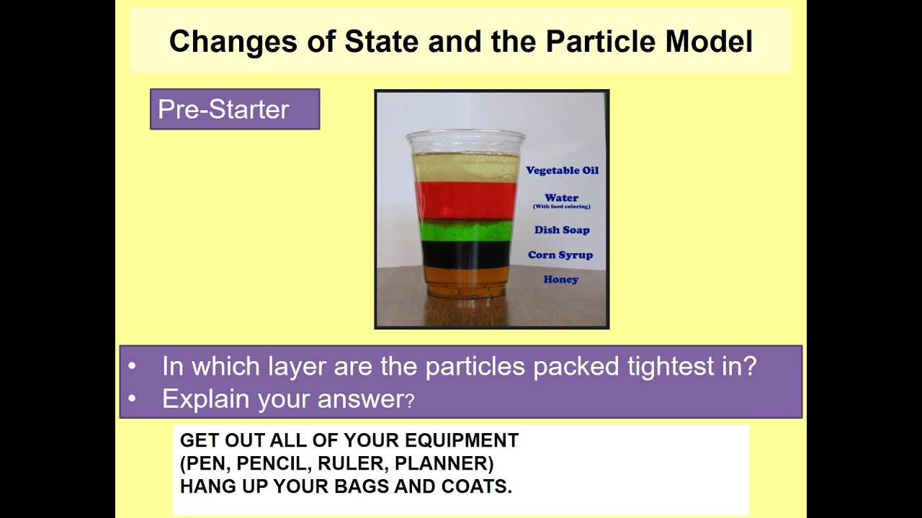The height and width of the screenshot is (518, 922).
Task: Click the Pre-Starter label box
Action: (234, 109)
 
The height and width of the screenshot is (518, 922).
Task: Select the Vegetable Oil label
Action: (562, 171)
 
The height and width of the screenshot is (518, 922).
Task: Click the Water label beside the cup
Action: (561, 198)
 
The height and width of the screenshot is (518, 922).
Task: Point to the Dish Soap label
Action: (562, 230)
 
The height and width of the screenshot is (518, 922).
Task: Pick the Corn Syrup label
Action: (560, 255)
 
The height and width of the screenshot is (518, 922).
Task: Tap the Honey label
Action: (561, 279)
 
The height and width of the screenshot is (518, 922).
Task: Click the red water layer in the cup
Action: (466, 200)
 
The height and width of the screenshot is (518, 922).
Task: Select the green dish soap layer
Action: (466, 230)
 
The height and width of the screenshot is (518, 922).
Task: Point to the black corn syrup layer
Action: (466, 254)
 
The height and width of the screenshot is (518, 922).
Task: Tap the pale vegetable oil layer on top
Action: (466, 168)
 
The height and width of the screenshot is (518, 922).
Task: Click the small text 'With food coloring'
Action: (561, 207)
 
